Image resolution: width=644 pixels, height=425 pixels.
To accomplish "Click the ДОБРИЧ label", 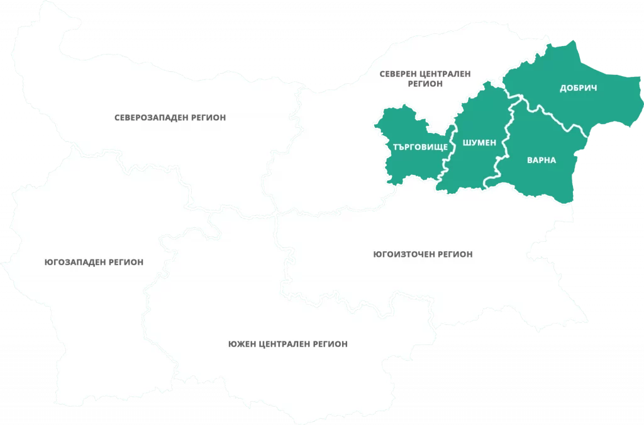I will click(x=578, y=88).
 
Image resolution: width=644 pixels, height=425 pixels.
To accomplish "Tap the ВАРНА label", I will click(x=541, y=160).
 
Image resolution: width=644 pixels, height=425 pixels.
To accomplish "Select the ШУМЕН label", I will click(x=479, y=143).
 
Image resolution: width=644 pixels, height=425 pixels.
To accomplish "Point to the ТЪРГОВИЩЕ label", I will click(x=420, y=146).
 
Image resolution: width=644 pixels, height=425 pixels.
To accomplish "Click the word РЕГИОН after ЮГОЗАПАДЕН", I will click(x=126, y=262).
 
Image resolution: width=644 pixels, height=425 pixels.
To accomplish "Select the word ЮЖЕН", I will click(x=241, y=344).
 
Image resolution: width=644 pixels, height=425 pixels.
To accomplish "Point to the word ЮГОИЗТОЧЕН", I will click(x=401, y=254).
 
